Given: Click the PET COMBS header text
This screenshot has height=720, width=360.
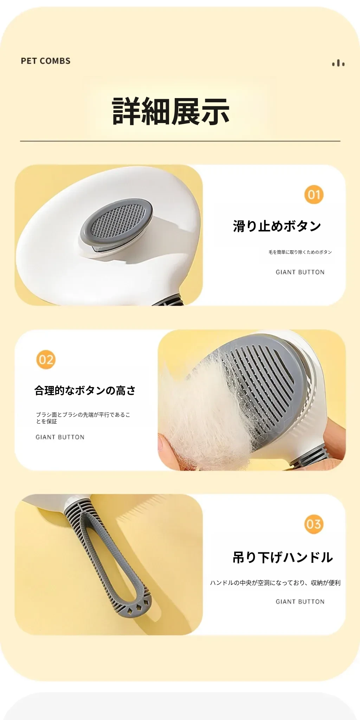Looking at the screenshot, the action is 46,61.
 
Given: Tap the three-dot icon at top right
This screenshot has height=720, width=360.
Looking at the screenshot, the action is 338,63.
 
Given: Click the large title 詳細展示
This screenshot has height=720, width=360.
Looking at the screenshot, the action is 171,111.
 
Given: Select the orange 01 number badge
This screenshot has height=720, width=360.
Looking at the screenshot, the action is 314,195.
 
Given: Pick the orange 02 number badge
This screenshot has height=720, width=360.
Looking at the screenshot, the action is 46,360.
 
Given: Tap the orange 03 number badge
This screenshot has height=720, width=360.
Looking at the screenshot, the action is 314,524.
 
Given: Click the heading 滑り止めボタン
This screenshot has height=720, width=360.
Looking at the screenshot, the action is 277,226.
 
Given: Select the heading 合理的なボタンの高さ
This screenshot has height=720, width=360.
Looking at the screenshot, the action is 85,391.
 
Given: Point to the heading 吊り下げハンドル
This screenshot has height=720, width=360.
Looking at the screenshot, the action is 283,557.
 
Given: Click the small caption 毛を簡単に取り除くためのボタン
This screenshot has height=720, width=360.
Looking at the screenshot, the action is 300,252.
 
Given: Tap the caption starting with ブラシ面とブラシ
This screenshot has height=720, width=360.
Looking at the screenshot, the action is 83,418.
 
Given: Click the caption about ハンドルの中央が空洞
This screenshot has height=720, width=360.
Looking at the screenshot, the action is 275,583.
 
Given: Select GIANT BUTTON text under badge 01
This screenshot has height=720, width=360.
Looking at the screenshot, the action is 300,272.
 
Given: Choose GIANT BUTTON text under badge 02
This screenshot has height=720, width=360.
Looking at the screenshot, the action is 60,437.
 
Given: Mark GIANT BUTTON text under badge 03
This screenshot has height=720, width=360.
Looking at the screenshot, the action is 300,602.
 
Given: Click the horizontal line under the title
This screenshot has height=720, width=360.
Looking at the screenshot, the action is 180,141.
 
